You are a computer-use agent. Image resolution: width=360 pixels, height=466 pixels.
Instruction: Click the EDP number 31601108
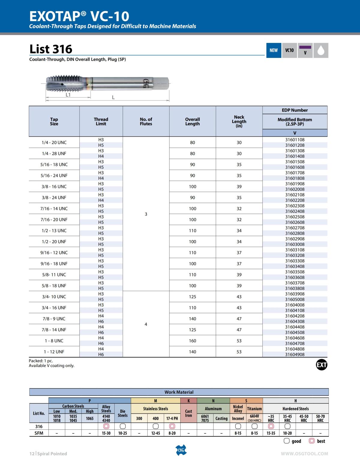(295, 140)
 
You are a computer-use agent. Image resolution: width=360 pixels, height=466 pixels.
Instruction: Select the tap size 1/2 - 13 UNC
(54, 230)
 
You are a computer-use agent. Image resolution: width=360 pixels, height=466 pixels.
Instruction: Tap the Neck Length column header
(239, 121)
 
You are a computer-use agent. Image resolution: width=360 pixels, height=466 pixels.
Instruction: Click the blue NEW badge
(274, 50)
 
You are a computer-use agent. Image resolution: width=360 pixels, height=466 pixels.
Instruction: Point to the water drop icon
(321, 50)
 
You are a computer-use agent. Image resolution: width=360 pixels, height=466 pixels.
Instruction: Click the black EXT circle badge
(321, 365)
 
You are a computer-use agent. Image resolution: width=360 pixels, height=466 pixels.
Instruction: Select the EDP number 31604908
(295, 354)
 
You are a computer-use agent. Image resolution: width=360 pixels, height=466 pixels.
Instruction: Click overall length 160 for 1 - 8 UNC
(192, 341)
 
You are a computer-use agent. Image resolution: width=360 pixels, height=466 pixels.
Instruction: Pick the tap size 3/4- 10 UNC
(54, 296)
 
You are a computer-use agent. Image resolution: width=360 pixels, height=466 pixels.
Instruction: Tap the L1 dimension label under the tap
(68, 95)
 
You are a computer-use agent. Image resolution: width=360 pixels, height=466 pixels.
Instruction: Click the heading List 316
(51, 49)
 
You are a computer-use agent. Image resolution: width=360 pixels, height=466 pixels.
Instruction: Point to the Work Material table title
(179, 392)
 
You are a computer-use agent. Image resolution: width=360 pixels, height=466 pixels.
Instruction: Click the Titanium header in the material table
(254, 409)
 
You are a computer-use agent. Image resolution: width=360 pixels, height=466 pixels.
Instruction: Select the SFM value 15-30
(106, 433)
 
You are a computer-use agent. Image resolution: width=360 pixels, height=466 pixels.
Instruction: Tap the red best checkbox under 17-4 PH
(172, 426)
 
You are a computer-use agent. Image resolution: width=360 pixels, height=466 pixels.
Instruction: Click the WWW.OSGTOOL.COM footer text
(304, 454)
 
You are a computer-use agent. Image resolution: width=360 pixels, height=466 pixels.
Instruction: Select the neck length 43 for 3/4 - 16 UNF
(239, 308)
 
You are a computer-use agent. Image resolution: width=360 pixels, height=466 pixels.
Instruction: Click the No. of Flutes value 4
(146, 324)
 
